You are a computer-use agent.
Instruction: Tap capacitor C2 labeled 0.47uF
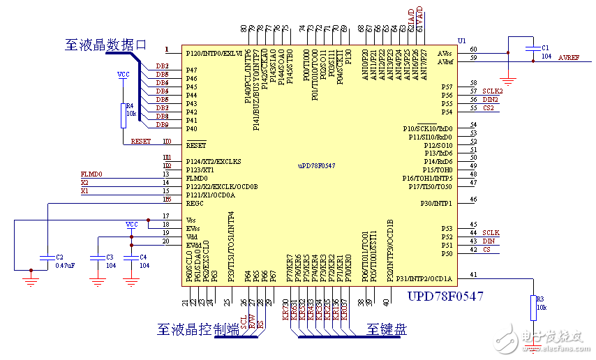click(x=46, y=260)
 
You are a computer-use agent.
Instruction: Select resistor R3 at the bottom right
click(x=532, y=305)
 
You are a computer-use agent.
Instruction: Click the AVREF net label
click(x=568, y=58)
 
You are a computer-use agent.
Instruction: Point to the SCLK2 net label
click(x=492, y=91)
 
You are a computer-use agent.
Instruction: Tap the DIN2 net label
click(x=490, y=100)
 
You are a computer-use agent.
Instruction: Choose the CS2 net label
click(x=489, y=108)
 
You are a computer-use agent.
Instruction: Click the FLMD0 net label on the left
click(x=91, y=174)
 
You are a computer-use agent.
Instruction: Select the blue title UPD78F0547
click(x=445, y=297)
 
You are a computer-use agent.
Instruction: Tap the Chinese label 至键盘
click(x=386, y=329)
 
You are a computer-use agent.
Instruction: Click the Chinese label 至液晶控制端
click(x=198, y=329)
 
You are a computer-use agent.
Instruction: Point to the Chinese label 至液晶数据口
click(x=106, y=45)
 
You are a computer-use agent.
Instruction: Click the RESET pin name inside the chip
click(x=196, y=146)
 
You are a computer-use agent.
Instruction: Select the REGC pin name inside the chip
click(x=195, y=204)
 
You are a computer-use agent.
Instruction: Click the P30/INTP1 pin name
click(x=435, y=204)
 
